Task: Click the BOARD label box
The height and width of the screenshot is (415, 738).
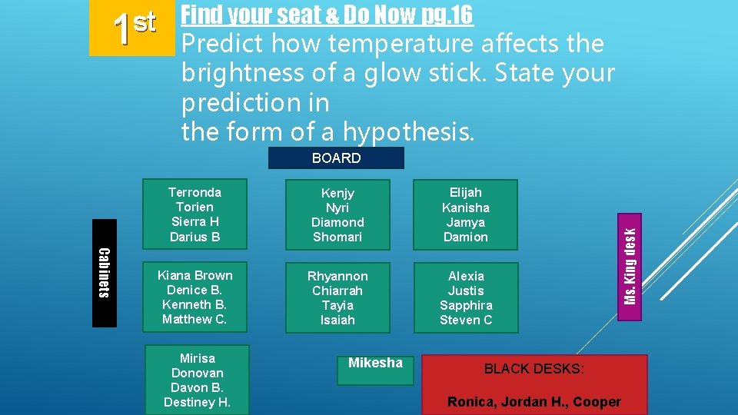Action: pyautogui.click(x=336, y=158)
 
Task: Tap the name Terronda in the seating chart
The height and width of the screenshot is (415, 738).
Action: pyautogui.click(x=194, y=192)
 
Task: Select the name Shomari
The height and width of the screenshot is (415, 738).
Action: pyautogui.click(x=337, y=237)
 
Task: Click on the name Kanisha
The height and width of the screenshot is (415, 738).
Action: pyautogui.click(x=466, y=207)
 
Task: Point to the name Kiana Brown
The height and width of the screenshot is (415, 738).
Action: pyautogui.click(x=194, y=275)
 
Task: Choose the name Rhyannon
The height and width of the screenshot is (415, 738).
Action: pyautogui.click(x=337, y=276)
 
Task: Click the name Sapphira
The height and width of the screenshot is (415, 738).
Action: pyautogui.click(x=466, y=305)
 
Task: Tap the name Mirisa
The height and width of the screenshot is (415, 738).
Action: pyautogui.click(x=197, y=358)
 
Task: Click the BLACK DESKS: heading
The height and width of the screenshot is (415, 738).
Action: pyautogui.click(x=534, y=369)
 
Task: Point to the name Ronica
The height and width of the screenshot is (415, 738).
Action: pyautogui.click(x=470, y=402)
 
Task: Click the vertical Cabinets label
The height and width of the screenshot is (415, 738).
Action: pyautogui.click(x=105, y=273)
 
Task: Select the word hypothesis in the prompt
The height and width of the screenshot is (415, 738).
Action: pyautogui.click(x=408, y=132)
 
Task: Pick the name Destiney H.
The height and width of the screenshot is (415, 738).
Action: pyautogui.click(x=197, y=402)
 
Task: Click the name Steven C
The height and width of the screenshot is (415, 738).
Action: pyautogui.click(x=466, y=320)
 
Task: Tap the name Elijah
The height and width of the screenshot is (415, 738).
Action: pyautogui.click(x=466, y=193)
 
